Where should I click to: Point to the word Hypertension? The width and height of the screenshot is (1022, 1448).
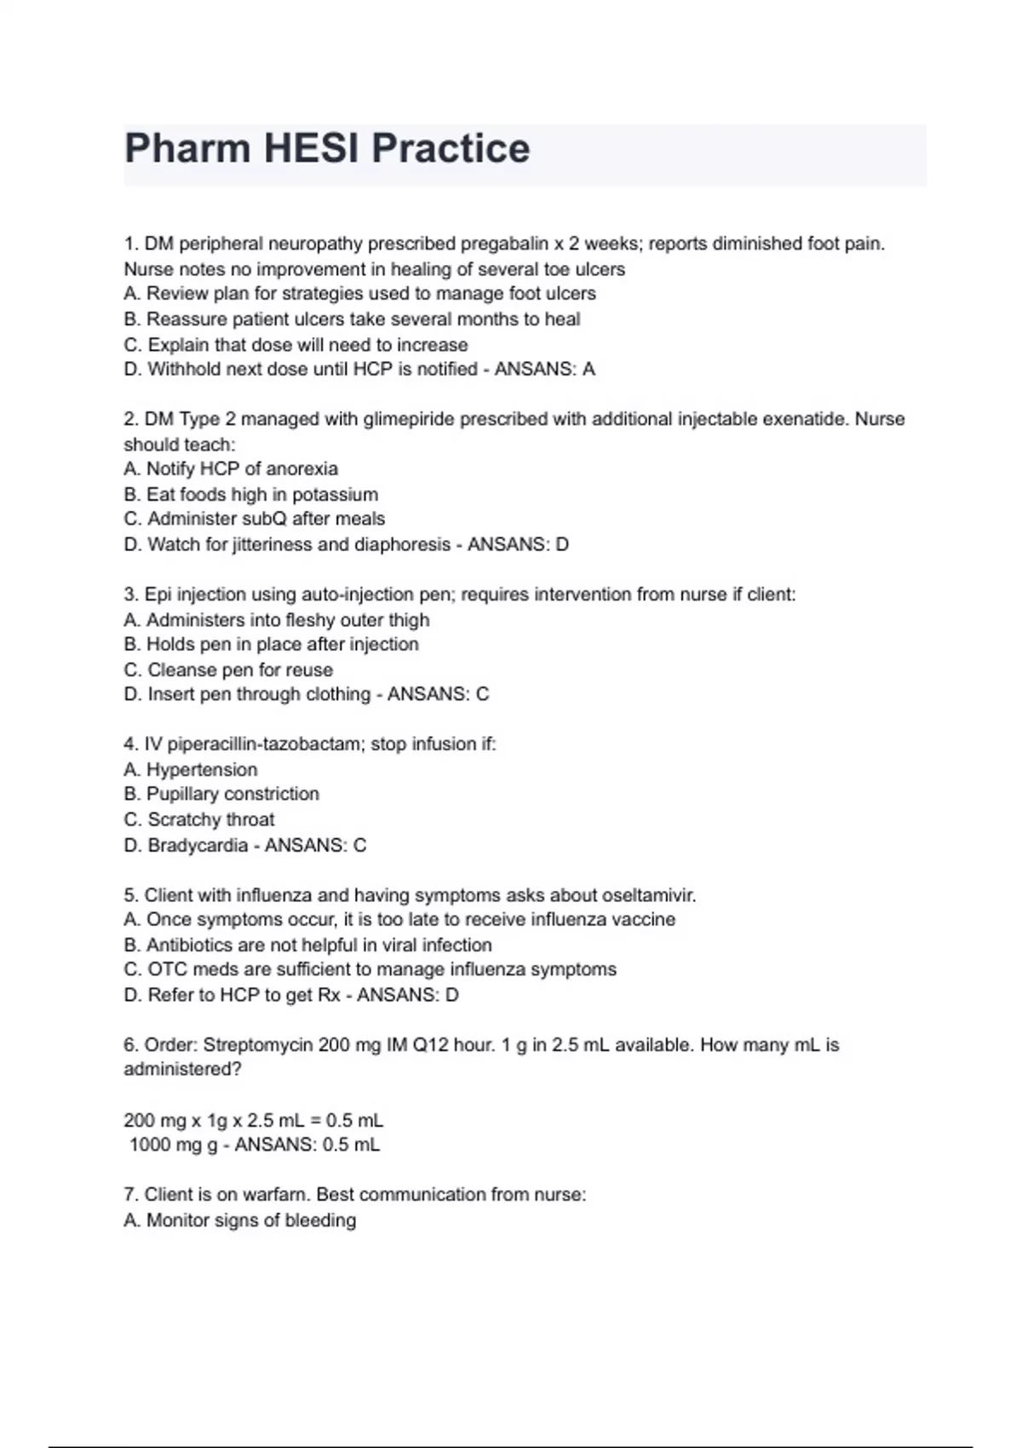[x=202, y=769]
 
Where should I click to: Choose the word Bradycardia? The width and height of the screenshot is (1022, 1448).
[x=198, y=845]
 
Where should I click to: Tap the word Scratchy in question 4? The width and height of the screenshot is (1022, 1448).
[x=183, y=819]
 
